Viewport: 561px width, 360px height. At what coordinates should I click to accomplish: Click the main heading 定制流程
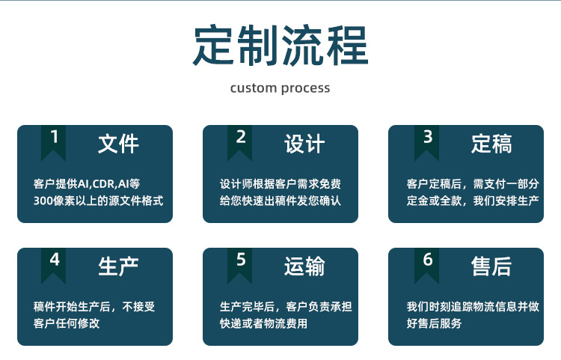[x=280, y=46]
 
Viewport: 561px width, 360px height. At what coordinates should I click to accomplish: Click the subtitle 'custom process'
[x=280, y=88]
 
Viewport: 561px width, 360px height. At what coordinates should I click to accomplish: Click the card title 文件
[x=118, y=143]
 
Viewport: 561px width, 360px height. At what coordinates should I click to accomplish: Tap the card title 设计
[x=304, y=143]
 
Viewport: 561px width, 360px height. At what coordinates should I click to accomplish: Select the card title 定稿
[x=491, y=143]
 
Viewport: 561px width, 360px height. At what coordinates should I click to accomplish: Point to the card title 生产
[x=118, y=266]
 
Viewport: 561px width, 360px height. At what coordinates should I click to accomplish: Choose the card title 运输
[x=304, y=266]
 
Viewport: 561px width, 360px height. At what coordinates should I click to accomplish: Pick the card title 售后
[x=491, y=266]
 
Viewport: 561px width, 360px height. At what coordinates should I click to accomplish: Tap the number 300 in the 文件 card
[x=43, y=201]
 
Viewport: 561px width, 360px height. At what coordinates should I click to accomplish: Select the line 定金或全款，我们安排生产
[x=473, y=201]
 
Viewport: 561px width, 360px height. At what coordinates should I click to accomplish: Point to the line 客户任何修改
[x=67, y=323]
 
